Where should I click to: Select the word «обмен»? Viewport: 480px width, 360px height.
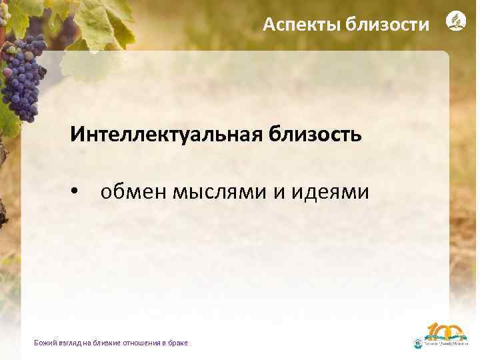[x=133, y=193]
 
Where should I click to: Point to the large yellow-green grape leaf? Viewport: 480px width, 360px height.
[x=100, y=23]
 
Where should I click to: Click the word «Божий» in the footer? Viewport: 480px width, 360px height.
[x=43, y=343]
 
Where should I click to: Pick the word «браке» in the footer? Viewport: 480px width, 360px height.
[x=178, y=343]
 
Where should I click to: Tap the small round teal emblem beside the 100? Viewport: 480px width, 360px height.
[x=418, y=343]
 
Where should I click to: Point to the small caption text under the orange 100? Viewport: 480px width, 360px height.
[x=447, y=344]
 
